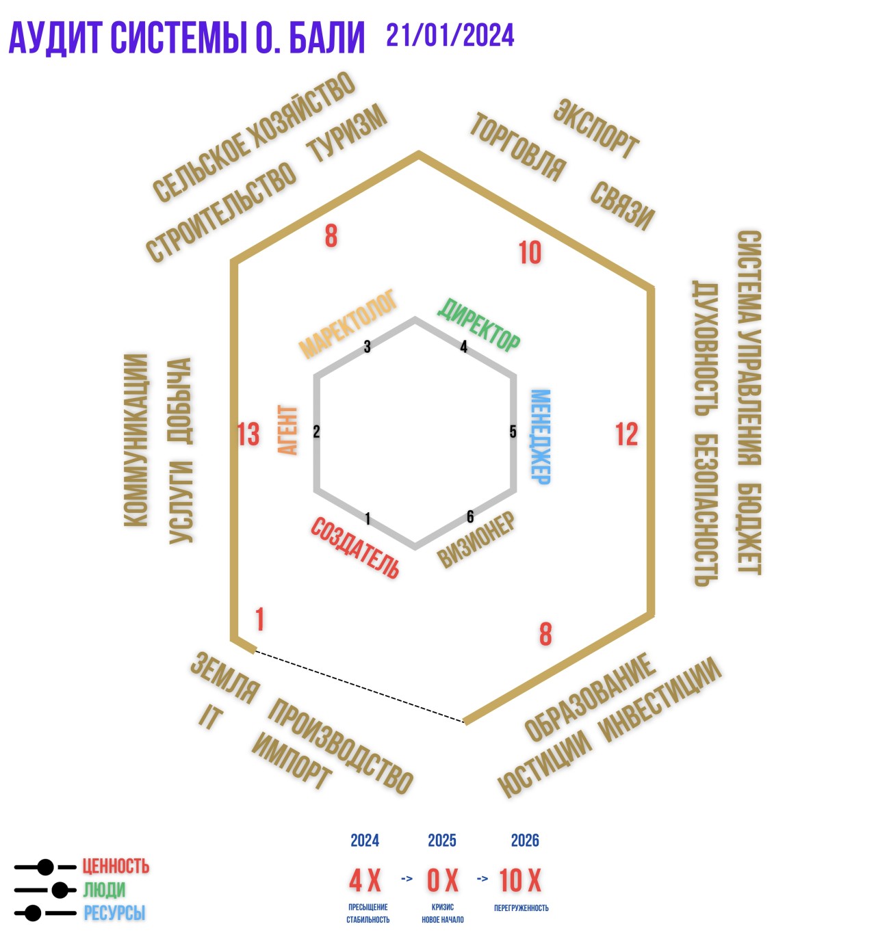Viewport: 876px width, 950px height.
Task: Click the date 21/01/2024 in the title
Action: (x=450, y=36)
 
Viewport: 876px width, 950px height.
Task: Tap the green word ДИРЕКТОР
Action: (x=478, y=326)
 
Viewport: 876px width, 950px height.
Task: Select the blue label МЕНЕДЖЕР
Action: (x=541, y=436)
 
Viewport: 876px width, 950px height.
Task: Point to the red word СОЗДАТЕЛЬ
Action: (x=355, y=547)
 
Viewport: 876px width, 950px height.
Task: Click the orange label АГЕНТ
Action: (x=287, y=430)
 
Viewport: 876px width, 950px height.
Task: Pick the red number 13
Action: (x=248, y=434)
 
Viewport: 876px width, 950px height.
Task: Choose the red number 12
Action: (x=626, y=434)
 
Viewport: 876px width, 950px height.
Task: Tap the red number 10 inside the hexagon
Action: (x=530, y=252)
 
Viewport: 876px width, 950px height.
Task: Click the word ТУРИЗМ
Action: (x=347, y=133)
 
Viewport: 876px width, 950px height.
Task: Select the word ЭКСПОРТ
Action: (x=596, y=129)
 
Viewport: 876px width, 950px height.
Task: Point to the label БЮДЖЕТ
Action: (x=749, y=529)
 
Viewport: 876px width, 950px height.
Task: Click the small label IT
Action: (x=210, y=717)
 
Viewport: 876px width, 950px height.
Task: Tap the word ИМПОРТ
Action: (x=291, y=760)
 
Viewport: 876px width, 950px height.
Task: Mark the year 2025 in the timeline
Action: (x=442, y=840)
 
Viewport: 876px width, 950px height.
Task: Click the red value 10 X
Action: (x=520, y=880)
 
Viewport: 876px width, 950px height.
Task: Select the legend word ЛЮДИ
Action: (x=104, y=890)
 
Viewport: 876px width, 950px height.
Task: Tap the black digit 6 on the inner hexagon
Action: (x=469, y=516)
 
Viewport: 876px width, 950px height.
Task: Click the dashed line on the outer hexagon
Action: (x=360, y=686)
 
